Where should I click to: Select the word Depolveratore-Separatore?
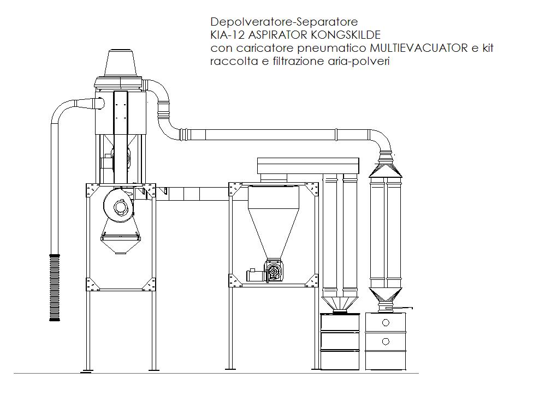coord(284,22)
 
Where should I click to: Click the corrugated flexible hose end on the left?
coord(55,287)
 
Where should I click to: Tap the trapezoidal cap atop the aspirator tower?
coord(121,63)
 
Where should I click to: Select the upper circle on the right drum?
coord(386,323)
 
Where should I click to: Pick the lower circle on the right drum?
coord(386,341)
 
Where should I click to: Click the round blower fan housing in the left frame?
coord(119,206)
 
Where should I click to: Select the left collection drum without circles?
coord(340,341)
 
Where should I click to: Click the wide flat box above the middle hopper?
coord(308,165)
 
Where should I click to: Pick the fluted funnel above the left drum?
coord(340,303)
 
